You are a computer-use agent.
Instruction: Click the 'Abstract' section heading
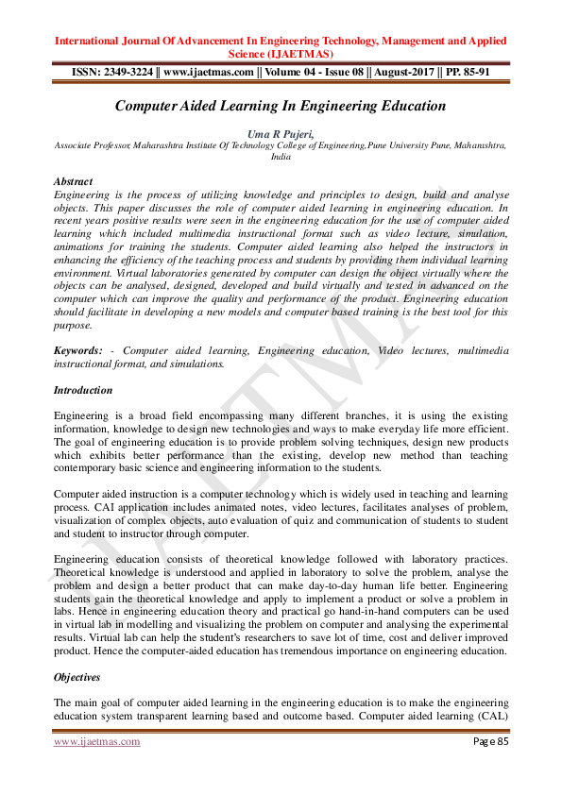click(x=73, y=181)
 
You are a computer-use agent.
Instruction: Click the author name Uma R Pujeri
click(x=280, y=135)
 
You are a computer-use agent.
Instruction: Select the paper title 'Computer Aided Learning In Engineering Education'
click(x=280, y=106)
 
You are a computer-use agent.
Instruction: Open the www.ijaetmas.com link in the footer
click(x=96, y=741)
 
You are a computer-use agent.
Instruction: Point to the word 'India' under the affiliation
click(x=280, y=158)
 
